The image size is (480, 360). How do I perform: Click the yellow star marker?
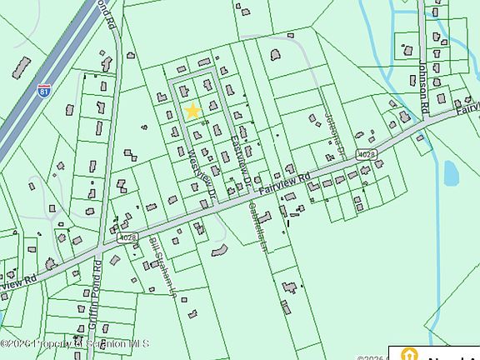pos(192,111)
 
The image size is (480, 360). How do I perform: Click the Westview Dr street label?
pos(199,167)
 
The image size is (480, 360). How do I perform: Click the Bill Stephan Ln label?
pos(162,262)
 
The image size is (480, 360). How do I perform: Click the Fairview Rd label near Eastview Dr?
pos(284,183)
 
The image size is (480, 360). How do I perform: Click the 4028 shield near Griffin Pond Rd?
pos(127,237)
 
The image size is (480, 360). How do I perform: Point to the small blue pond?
pos(451,172)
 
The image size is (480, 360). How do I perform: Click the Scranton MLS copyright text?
pos(75,342)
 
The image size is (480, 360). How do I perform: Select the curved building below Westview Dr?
pos(219,249)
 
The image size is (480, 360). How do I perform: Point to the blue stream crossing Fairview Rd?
pos(428,133)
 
